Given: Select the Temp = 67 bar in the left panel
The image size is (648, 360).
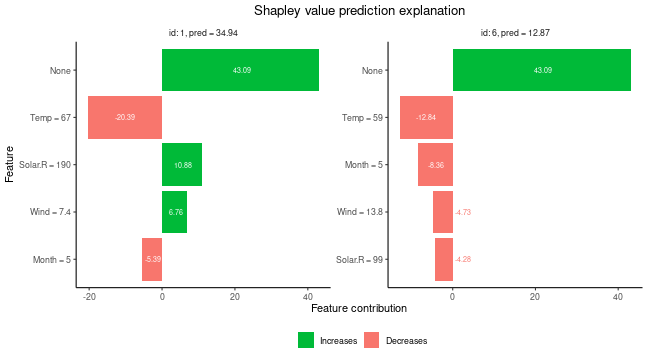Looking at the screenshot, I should click(x=125, y=117).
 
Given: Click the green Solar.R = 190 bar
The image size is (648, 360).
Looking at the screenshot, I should click(x=182, y=164).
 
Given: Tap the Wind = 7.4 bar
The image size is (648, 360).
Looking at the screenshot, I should click(x=174, y=212).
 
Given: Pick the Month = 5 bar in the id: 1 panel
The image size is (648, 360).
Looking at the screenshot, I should click(x=152, y=259).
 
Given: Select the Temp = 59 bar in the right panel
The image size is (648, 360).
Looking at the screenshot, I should click(x=426, y=117).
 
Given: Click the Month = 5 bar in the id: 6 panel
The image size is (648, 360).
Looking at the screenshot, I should click(x=435, y=164).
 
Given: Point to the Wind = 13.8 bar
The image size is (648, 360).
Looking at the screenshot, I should click(x=443, y=212).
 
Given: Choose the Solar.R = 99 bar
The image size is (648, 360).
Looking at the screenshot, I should click(x=444, y=259).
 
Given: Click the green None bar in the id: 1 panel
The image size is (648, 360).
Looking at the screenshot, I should click(x=240, y=70).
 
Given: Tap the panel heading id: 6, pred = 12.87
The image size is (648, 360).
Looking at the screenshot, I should click(x=515, y=33).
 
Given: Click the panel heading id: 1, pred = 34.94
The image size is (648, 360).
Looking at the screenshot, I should click(x=203, y=33).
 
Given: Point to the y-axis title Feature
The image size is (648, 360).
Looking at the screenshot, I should click(x=10, y=165).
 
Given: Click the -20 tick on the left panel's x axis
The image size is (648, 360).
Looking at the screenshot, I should click(x=89, y=296).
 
